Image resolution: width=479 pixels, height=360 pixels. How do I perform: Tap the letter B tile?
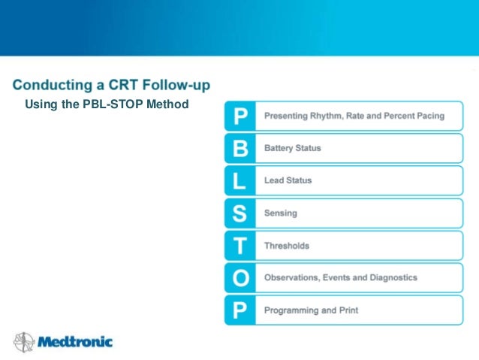(239, 149)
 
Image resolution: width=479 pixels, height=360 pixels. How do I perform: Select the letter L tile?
(239, 181)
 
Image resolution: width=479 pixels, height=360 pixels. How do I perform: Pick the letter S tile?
(239, 213)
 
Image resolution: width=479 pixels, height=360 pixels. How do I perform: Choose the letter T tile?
(239, 246)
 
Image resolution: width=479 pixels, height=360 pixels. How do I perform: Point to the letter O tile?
(239, 278)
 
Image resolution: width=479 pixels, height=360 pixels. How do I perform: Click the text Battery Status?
(292, 148)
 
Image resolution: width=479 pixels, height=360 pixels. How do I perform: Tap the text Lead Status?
(288, 180)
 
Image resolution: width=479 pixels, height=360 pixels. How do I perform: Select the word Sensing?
(280, 213)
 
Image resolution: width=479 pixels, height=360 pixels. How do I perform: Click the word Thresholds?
(286, 246)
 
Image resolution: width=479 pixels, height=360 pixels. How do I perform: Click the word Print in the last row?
(348, 310)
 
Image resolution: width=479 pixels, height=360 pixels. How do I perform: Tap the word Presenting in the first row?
(287, 116)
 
